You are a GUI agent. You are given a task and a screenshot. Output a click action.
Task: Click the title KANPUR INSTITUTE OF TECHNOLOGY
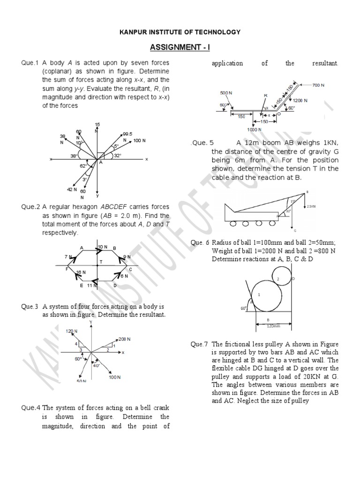[180, 32]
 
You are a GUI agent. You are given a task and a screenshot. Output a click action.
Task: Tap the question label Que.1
[29, 63]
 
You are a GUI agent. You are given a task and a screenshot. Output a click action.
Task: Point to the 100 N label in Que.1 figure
[139, 141]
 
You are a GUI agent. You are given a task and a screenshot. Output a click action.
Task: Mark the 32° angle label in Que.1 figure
[117, 155]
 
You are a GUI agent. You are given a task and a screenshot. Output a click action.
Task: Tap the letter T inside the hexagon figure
[100, 262]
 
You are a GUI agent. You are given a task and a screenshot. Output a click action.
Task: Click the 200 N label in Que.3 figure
[125, 339]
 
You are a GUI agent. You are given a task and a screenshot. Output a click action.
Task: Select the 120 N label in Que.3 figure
[71, 331]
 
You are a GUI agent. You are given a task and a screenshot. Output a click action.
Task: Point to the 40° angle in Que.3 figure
[97, 365]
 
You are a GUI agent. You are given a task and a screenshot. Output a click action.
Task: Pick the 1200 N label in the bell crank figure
[300, 100]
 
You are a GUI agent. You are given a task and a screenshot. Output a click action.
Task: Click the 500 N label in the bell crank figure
[226, 93]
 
